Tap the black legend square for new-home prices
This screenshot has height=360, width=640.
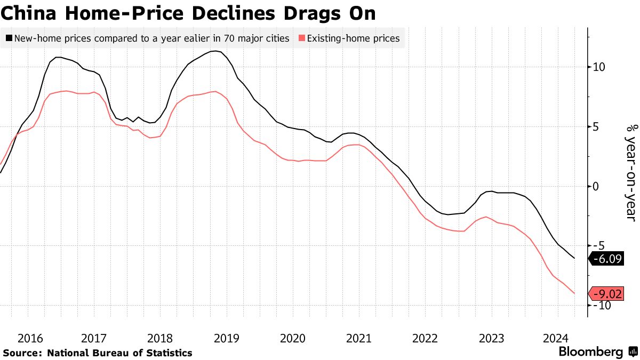coord(9,38)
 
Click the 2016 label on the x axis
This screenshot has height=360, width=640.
coord(30,338)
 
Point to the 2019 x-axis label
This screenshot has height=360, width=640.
coord(226,338)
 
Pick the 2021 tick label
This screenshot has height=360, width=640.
coord(358,338)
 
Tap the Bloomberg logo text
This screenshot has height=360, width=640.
coord(591,352)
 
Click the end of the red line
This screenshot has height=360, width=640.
coord(574,293)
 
